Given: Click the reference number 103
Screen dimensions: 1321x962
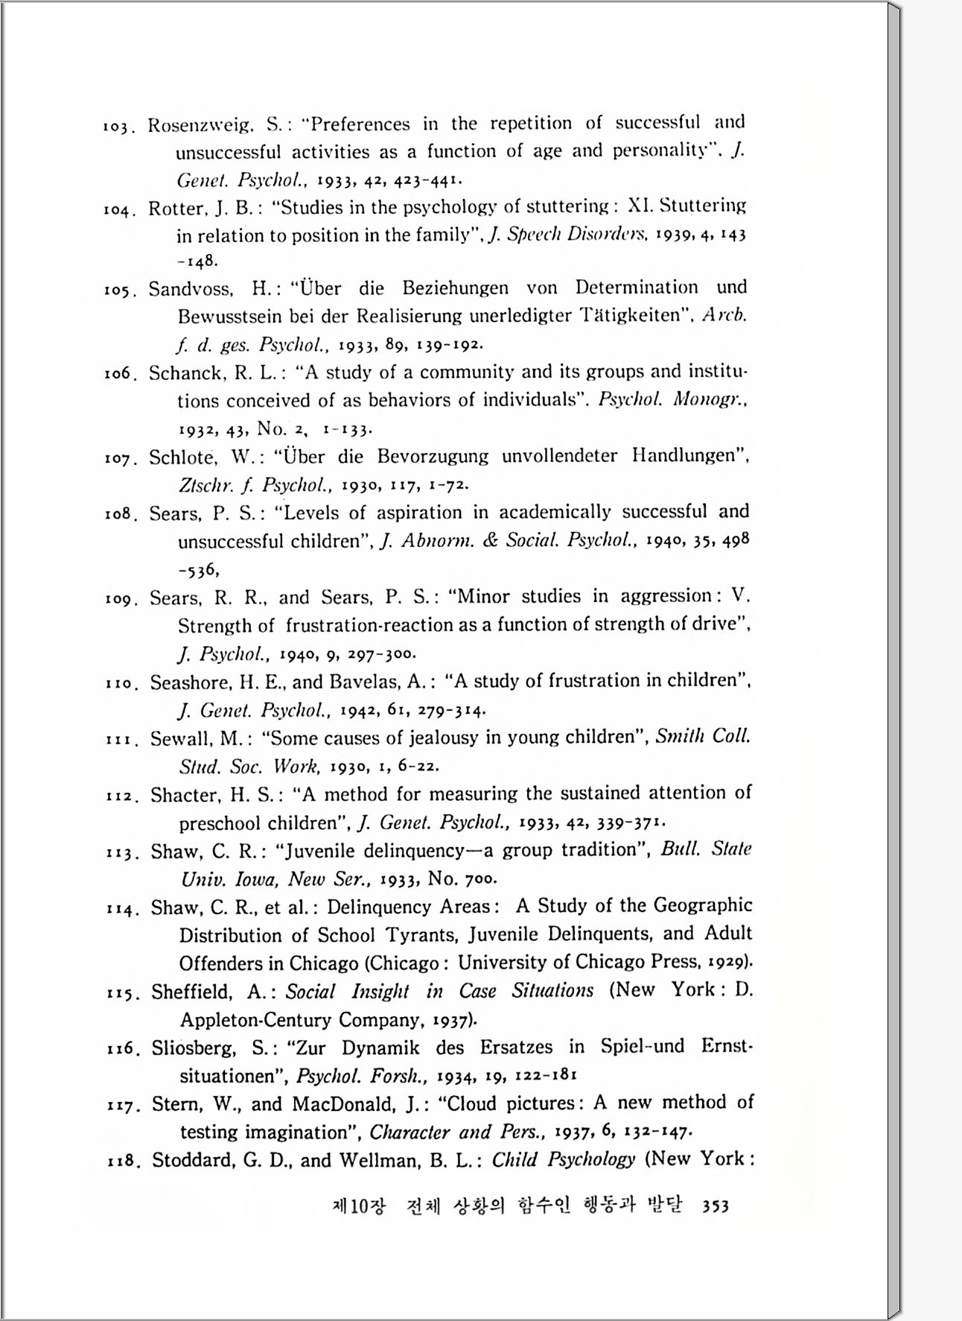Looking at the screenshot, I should click(x=117, y=127).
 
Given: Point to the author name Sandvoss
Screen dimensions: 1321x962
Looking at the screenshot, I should click(x=190, y=289).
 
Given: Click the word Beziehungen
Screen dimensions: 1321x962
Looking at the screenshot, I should click(x=456, y=288).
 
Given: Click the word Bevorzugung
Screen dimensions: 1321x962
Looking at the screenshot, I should click(x=432, y=456).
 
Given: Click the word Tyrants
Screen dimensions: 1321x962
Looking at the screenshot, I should click(x=420, y=935).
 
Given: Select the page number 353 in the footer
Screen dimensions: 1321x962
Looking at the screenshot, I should click(x=715, y=1206).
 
